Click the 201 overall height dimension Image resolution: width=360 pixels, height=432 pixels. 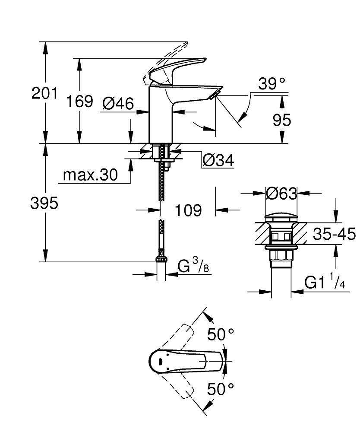(44, 93)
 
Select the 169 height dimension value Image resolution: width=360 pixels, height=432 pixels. (79, 102)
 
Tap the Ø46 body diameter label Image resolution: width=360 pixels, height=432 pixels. (118, 103)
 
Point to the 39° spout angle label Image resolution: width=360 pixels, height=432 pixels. (272, 84)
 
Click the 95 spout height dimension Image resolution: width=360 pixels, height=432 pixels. (282, 120)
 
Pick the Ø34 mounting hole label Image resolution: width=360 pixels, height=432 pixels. (218, 161)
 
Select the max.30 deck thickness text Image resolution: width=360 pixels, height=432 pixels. (90, 175)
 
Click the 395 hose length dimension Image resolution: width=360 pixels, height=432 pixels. (44, 203)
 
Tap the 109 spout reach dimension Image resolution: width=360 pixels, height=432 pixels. (189, 210)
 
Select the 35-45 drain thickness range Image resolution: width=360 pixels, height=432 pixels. (334, 235)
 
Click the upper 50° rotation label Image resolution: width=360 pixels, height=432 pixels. (221, 334)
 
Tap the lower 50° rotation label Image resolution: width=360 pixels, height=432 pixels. (221, 389)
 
